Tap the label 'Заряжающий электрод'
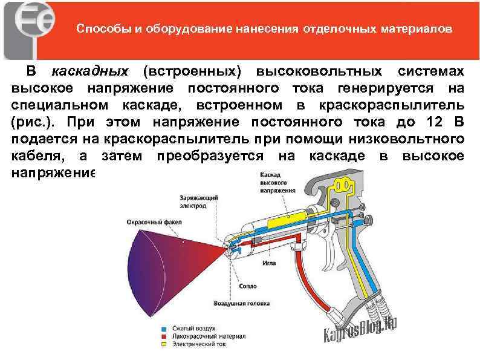[193, 201]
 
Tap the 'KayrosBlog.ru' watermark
[362, 329]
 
